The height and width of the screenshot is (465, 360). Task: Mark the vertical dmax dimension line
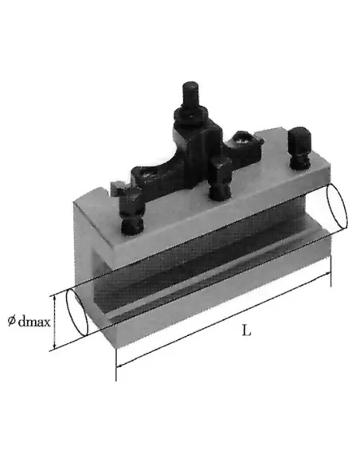[53, 322]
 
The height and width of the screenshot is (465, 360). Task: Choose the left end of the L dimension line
[117, 368]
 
